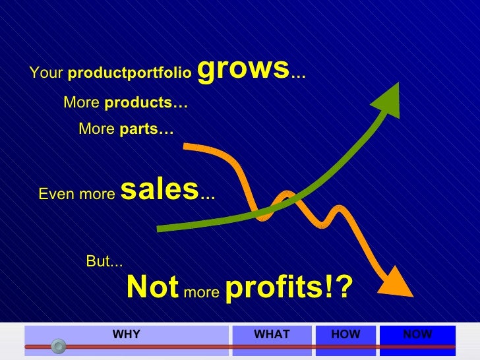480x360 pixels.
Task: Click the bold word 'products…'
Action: pos(146,104)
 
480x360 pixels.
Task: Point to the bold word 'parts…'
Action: pos(146,129)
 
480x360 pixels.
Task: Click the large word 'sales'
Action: pos(160,191)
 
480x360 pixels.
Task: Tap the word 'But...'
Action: pos(104,262)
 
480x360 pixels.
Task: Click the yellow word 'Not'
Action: pos(152,287)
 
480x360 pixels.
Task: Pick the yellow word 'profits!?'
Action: pos(289,287)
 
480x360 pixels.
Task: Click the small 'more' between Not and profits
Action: pos(201,292)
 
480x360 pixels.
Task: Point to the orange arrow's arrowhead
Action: pos(399,282)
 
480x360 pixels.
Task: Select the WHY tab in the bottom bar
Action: pos(126,335)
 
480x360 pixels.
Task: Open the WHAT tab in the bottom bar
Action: pos(272,335)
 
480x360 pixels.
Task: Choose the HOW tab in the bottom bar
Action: pos(345,335)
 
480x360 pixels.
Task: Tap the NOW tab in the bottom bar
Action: pos(417,335)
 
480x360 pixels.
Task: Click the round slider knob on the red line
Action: pos(59,345)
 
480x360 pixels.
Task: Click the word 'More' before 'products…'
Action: pos(82,104)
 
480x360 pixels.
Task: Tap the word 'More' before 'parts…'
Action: pos(96,129)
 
